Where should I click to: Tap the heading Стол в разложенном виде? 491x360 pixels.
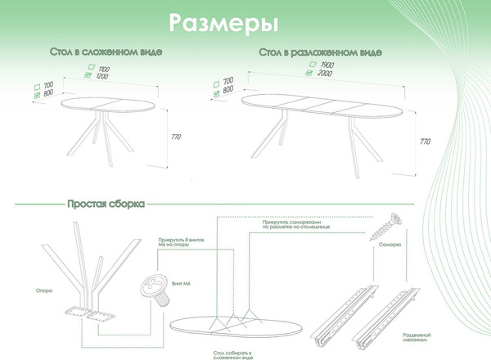pos(319,52)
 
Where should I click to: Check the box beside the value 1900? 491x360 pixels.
pos(309,64)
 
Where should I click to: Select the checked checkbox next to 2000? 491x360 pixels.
pos(309,73)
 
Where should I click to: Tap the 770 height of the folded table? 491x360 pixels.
pos(176,136)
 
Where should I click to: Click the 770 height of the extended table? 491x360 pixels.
pos(424,142)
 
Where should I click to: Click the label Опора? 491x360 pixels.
pos(45,289)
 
